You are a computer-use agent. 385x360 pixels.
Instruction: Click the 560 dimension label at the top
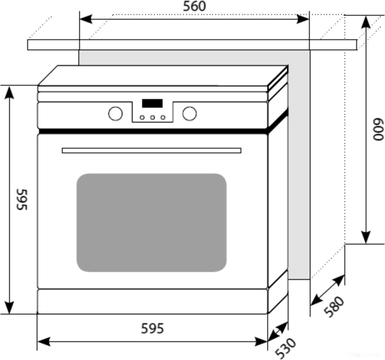click(194, 7)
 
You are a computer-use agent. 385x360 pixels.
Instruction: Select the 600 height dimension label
click(377, 129)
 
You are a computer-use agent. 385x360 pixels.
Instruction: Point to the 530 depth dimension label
click(285, 348)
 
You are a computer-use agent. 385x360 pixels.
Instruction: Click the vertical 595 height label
click(21, 199)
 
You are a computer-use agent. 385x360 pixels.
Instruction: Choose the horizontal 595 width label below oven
click(152, 329)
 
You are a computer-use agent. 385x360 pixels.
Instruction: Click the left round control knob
click(115, 114)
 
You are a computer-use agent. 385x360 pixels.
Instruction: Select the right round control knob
click(189, 114)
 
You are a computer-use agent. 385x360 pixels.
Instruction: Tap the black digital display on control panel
click(152, 103)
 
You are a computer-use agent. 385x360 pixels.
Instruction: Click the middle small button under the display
click(152, 117)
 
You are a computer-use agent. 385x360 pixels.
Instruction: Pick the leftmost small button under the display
click(142, 117)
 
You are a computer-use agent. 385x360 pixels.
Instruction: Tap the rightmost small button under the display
click(162, 117)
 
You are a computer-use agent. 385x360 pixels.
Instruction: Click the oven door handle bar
click(151, 150)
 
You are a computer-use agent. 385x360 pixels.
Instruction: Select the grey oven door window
click(151, 222)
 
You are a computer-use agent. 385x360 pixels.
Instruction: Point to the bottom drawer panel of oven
click(152, 301)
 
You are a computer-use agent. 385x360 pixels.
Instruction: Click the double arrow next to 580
click(327, 290)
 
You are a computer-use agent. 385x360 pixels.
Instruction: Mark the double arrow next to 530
click(277, 332)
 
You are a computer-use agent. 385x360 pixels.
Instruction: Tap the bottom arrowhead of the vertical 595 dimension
click(9, 307)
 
